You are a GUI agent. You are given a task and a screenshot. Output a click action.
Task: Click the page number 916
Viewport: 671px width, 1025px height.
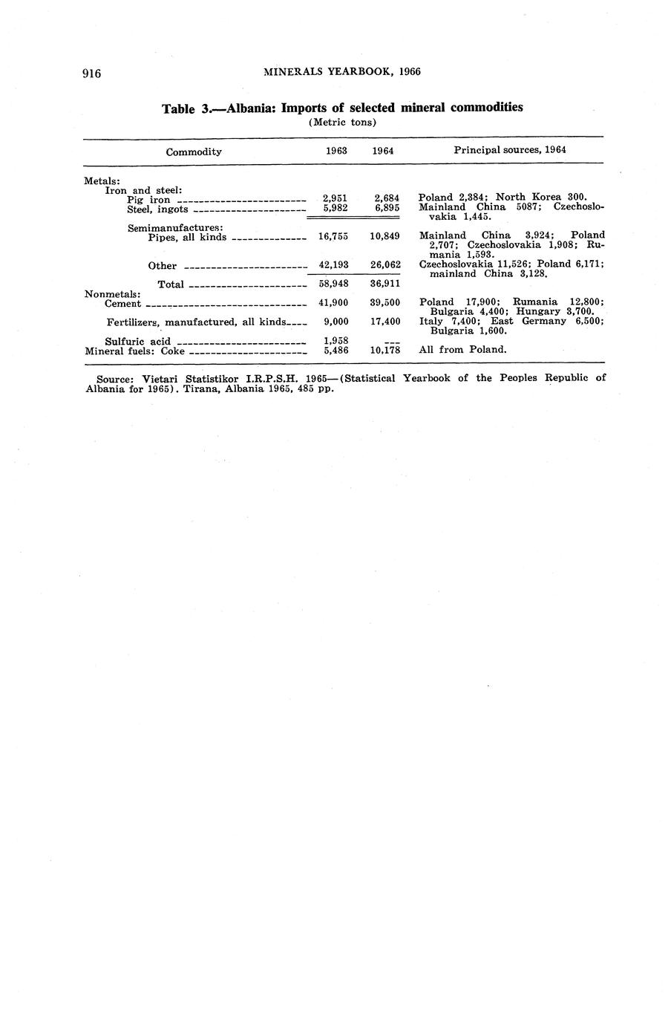point(91,73)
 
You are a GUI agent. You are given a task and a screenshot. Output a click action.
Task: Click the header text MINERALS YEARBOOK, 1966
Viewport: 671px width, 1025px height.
point(342,72)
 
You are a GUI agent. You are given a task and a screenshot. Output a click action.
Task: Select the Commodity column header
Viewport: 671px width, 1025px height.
point(194,152)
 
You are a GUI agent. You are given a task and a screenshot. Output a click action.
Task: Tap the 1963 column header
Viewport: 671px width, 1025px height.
point(337,151)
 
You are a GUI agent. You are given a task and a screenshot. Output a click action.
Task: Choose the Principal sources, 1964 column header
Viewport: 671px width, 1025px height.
point(510,150)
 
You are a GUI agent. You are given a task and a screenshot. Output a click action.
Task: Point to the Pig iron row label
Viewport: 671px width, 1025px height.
point(148,200)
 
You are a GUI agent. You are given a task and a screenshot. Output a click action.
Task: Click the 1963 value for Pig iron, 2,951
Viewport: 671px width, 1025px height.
point(335,198)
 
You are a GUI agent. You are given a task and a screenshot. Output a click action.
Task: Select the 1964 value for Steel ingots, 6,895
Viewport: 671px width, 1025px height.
point(387,208)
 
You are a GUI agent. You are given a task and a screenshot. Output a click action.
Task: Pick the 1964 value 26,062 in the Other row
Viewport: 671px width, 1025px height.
point(385,264)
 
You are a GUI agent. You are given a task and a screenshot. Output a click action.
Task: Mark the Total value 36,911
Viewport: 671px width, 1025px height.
point(385,284)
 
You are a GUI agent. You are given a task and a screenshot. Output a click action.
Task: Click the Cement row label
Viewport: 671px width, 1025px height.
point(123,304)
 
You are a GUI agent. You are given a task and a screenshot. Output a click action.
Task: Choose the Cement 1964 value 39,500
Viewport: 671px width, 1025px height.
point(385,303)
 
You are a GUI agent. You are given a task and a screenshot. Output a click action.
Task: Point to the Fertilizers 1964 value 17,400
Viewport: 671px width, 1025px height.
point(385,322)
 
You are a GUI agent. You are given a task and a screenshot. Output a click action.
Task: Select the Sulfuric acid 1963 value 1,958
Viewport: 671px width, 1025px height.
point(336,341)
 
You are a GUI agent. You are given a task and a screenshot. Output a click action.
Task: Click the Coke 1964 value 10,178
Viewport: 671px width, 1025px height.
point(385,350)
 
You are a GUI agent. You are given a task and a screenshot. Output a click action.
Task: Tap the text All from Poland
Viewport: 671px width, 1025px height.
point(462,350)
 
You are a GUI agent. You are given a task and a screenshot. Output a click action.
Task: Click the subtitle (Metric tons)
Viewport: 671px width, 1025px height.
point(342,123)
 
